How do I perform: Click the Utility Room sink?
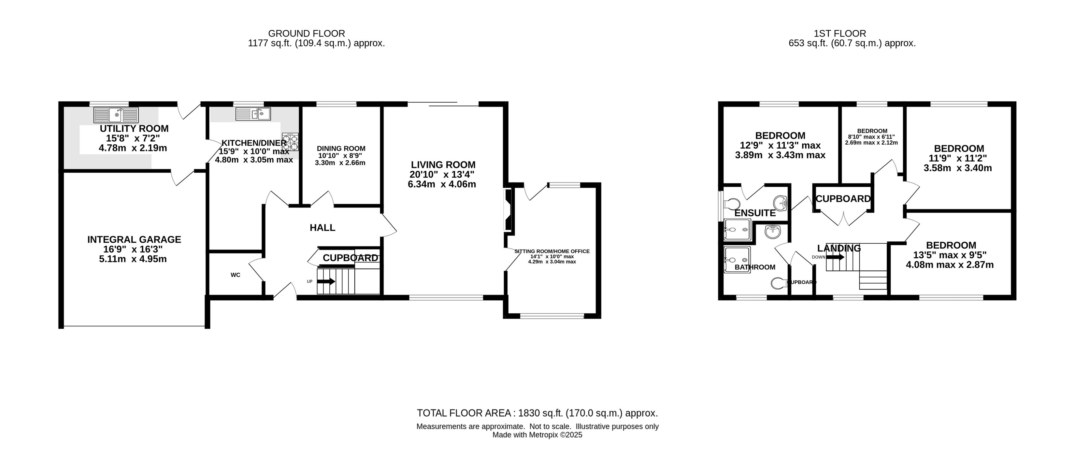116,115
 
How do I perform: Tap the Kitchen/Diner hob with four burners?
291,141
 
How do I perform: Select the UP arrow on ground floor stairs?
326,281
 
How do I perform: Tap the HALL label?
322,227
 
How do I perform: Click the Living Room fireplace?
508,210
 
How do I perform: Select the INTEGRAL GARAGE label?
134,240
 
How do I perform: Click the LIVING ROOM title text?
443,165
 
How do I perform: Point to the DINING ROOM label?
341,149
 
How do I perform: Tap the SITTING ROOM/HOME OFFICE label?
552,251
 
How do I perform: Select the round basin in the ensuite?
780,203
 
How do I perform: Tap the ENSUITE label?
755,213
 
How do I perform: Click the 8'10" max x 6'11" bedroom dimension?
871,137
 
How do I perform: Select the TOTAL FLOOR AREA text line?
537,413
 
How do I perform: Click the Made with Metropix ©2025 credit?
537,435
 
